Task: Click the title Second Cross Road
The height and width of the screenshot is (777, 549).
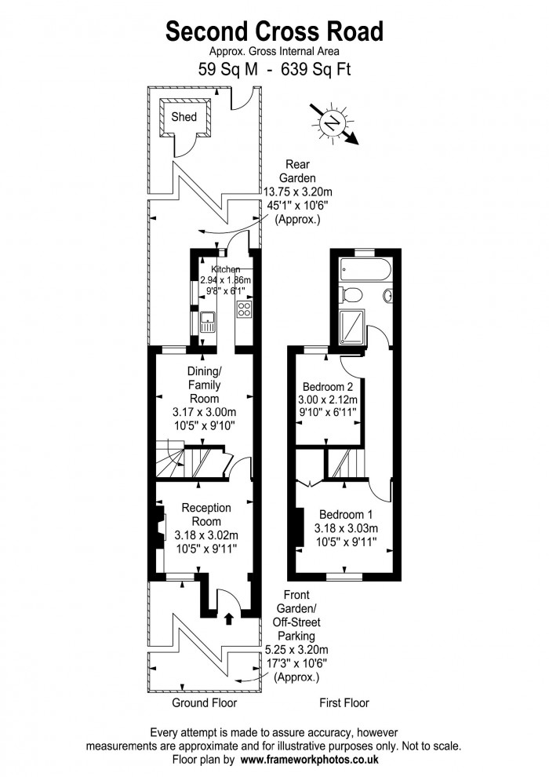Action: pyautogui.click(x=274, y=31)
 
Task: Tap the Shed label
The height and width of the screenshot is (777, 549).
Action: pyautogui.click(x=184, y=118)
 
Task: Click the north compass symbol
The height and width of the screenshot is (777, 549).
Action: pyautogui.click(x=332, y=123)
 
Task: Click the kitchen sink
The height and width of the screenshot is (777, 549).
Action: pyautogui.click(x=207, y=323)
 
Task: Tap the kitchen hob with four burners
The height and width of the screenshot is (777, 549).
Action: pyautogui.click(x=243, y=308)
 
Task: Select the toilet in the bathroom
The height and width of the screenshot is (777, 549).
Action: pyautogui.click(x=351, y=295)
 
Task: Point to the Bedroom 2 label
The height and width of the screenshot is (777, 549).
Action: pyautogui.click(x=328, y=387)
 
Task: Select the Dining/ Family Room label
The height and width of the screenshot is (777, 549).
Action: pyautogui.click(x=203, y=385)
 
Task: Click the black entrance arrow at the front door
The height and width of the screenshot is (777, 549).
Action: pyautogui.click(x=229, y=619)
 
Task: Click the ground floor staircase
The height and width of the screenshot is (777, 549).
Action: pyautogui.click(x=188, y=461)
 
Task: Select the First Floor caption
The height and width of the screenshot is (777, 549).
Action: pyautogui.click(x=344, y=702)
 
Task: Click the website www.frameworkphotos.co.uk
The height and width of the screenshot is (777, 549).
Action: pyautogui.click(x=310, y=760)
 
